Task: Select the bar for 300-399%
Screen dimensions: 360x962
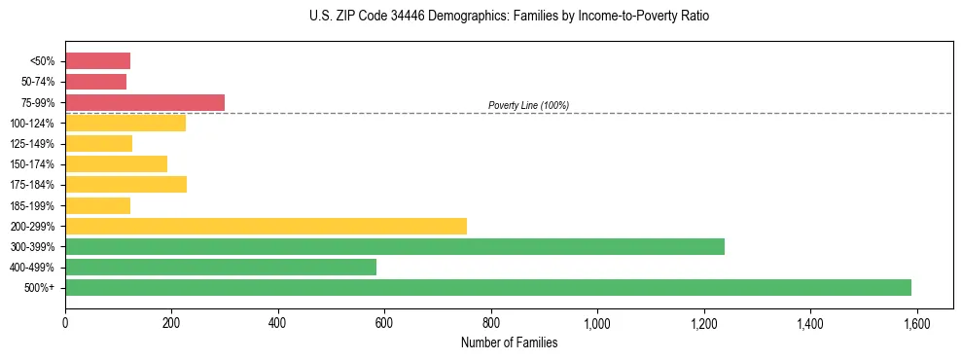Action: [395, 246]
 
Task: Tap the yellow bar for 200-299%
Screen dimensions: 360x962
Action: [266, 226]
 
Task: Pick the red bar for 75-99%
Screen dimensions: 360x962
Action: [145, 102]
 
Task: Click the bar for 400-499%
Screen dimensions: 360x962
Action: [221, 267]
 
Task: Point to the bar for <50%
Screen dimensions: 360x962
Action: [97, 61]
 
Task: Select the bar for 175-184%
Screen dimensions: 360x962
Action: [125, 185]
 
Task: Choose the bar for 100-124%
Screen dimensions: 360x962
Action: [125, 123]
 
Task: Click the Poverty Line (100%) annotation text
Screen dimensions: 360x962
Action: [528, 105]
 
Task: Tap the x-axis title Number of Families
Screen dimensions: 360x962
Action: [509, 342]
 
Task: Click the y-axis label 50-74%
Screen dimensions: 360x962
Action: [39, 82]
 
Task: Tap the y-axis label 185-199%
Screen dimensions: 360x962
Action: [36, 205]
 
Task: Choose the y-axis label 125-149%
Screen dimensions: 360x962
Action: [36, 144]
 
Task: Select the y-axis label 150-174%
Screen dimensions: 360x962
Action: [36, 164]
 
